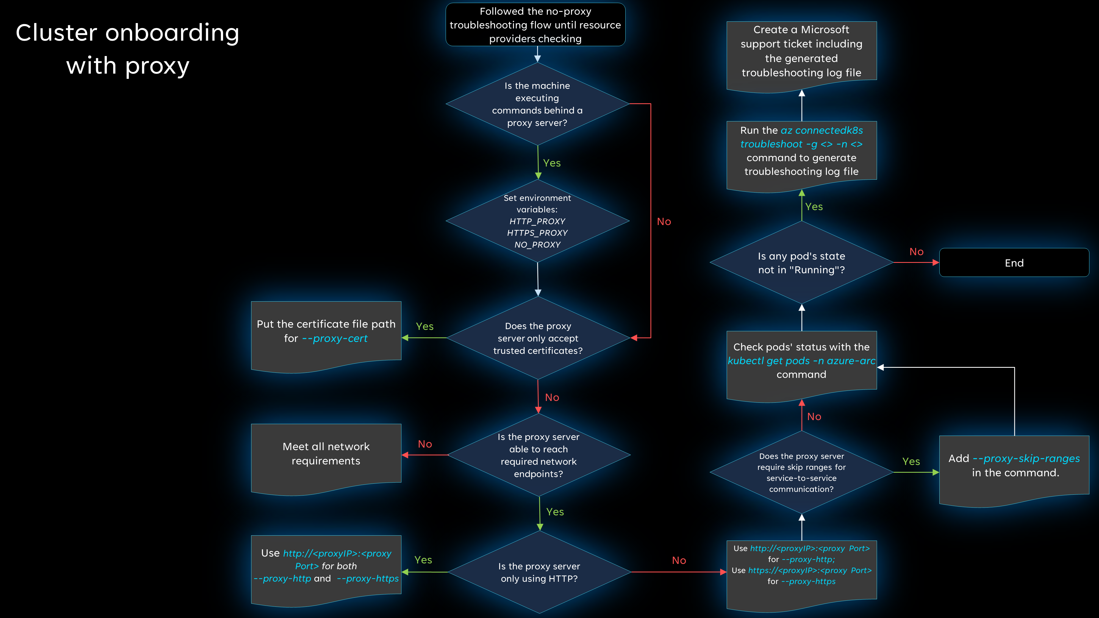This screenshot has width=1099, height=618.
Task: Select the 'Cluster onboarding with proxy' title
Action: (127, 49)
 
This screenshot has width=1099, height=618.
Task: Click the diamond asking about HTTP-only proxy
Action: (539, 572)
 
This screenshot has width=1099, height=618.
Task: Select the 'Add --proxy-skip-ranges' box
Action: (1014, 466)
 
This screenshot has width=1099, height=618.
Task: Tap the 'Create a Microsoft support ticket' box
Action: (801, 51)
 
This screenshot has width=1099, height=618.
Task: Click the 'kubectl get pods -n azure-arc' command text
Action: (801, 361)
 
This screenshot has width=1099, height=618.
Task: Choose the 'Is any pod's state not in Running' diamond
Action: (801, 263)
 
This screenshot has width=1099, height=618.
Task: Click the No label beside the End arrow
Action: (916, 252)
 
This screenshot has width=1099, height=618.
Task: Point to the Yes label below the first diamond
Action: (552, 163)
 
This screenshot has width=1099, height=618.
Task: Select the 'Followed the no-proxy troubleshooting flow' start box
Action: (535, 25)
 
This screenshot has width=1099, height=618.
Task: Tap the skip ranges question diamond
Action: (801, 472)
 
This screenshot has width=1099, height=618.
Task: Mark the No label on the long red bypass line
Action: (664, 222)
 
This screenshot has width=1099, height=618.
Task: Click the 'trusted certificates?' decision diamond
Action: (538, 338)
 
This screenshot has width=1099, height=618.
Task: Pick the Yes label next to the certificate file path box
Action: (424, 326)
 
